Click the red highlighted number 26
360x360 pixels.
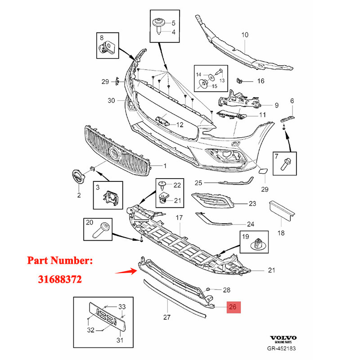point(233,308)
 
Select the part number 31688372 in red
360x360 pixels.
point(59,279)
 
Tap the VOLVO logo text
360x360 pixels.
point(283,338)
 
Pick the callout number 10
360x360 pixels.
point(245,34)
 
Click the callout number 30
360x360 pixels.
point(112,100)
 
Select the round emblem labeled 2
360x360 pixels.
point(79,177)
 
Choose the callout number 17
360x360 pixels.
point(179,218)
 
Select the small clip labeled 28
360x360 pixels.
point(209,288)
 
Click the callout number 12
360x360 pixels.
point(180,125)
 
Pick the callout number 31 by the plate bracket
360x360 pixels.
point(120,340)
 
